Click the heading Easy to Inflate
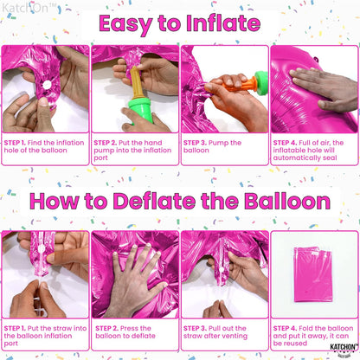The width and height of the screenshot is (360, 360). [x=179, y=22]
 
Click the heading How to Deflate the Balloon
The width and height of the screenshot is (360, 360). [x=179, y=202]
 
